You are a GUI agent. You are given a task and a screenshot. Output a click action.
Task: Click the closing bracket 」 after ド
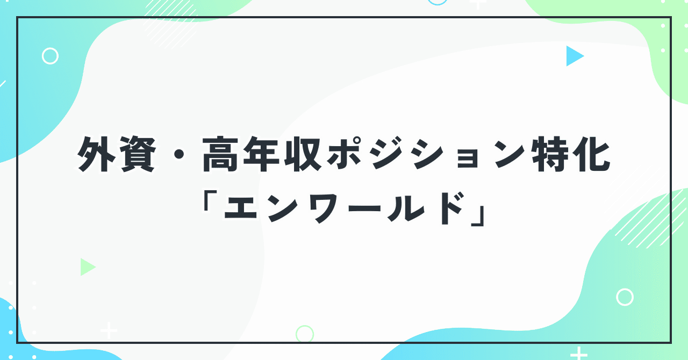tap(478, 214)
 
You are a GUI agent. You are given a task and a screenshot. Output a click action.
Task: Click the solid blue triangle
tap(574, 56)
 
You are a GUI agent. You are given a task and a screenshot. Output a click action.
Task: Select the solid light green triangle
tap(87, 267)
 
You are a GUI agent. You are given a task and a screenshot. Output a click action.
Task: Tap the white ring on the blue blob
tap(50, 56)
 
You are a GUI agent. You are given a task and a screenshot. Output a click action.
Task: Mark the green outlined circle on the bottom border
tap(305, 334)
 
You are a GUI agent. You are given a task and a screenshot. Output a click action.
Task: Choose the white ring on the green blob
tap(625, 297)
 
